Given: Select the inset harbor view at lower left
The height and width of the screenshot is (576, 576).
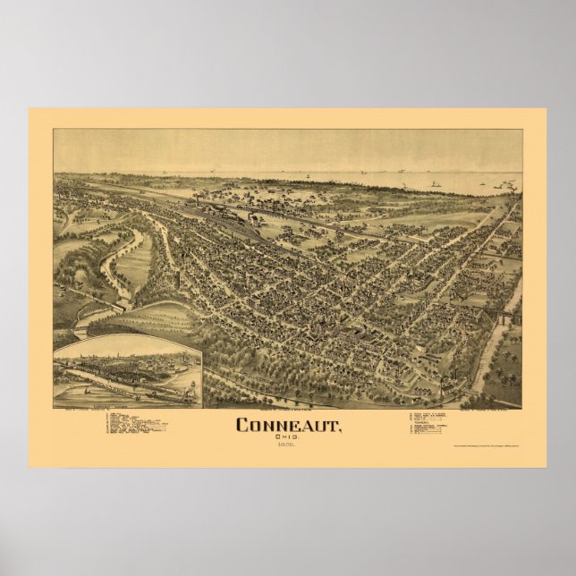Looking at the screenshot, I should click(127, 370).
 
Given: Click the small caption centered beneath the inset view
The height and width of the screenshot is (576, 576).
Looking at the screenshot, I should click(127, 410).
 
